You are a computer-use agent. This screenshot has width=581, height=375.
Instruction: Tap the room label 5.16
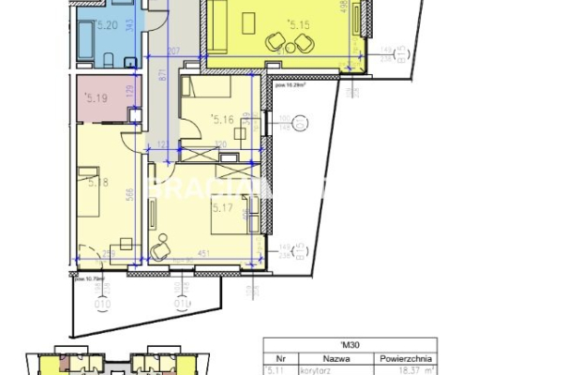tap(224, 119)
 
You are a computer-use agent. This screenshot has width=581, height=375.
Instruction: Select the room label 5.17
tap(223, 207)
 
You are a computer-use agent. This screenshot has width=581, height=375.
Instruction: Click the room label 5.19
tap(95, 96)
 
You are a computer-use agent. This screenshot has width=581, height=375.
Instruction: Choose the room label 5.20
tap(107, 25)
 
